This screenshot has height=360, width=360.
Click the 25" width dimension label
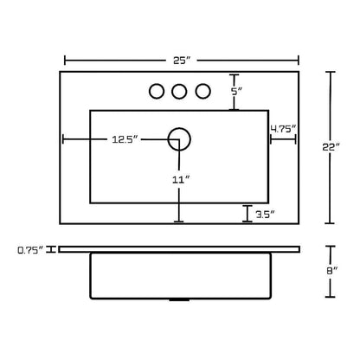182,61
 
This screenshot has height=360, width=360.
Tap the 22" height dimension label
331,147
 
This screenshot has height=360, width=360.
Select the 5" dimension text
235,92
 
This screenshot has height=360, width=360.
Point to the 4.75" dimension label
283,129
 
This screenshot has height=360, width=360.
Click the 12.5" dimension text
125,139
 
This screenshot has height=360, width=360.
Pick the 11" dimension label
181,180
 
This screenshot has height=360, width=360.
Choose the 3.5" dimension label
265,215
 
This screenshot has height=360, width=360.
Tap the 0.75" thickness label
30,250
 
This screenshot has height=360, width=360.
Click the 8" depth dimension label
331,271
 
